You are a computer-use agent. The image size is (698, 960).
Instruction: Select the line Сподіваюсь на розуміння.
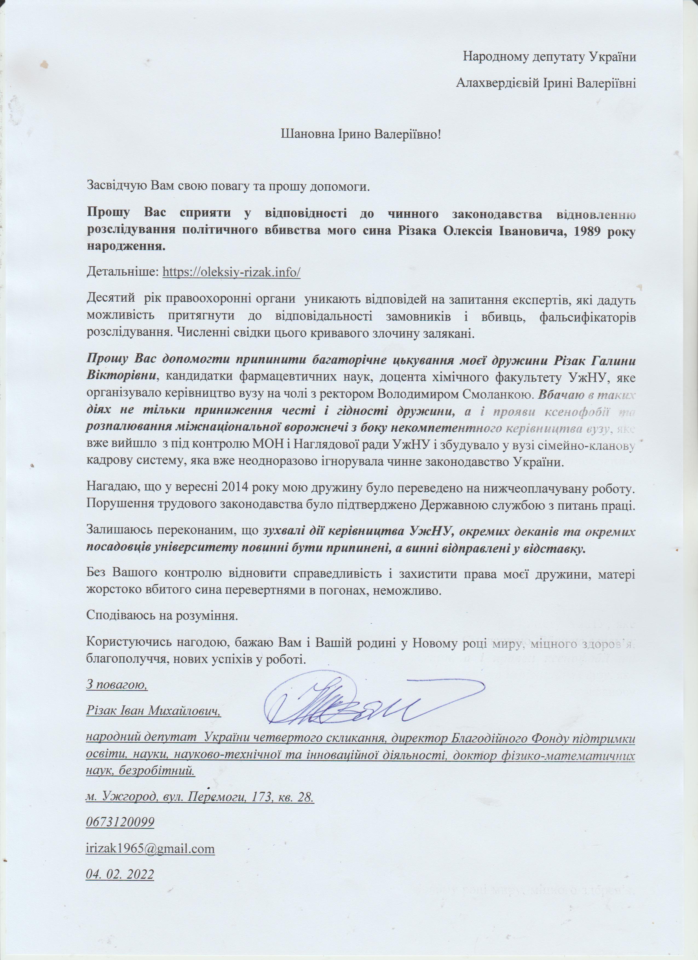coord(161,615)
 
